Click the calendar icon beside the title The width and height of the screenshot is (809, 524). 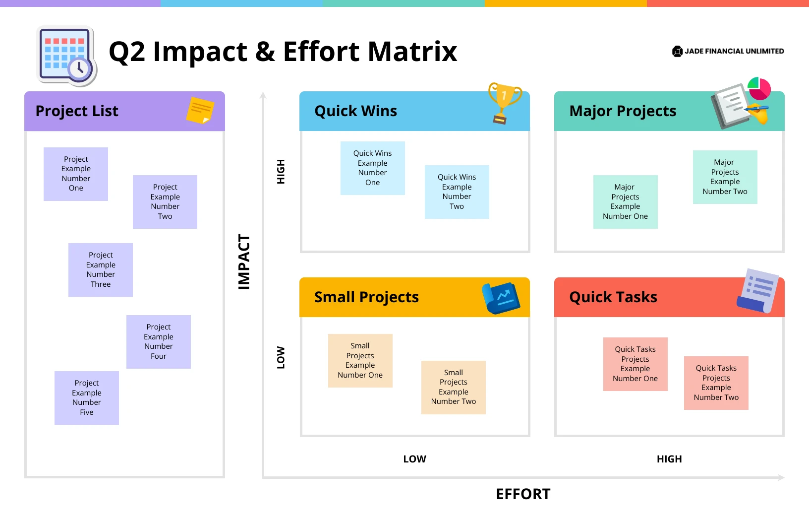(67, 56)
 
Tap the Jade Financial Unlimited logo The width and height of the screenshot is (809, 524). (728, 51)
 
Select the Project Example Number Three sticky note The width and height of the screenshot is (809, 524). (101, 269)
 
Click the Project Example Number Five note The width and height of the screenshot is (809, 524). (87, 397)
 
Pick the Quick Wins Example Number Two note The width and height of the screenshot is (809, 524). (457, 192)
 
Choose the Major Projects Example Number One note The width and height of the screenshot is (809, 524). (625, 201)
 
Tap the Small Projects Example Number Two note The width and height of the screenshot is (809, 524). (453, 387)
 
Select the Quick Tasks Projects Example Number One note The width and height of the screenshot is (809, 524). (635, 364)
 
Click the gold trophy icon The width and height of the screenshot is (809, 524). (504, 102)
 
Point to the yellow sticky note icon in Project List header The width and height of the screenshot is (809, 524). (200, 110)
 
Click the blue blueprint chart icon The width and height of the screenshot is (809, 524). (501, 298)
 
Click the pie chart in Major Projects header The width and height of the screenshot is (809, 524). (759, 88)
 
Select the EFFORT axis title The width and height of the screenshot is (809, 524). (523, 494)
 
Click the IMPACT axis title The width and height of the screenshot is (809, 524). (244, 262)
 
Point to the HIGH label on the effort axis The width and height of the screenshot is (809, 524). (669, 459)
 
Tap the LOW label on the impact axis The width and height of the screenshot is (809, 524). (281, 357)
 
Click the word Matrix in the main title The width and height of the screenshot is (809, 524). (412, 52)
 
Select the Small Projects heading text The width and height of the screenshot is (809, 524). (366, 297)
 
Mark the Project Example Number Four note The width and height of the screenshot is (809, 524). (159, 341)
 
